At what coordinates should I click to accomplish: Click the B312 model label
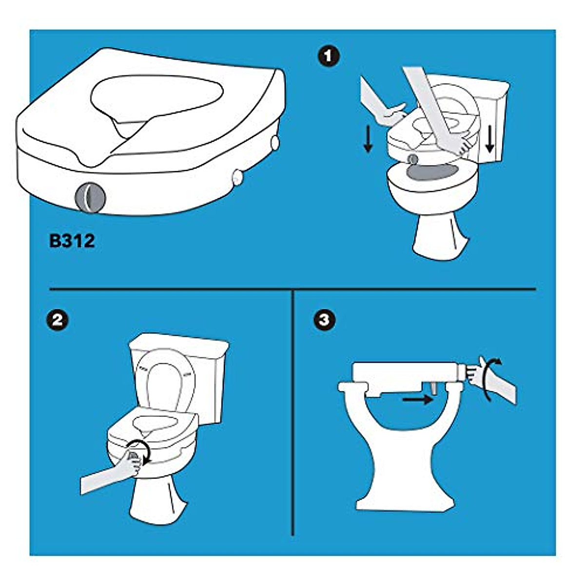tap(72, 241)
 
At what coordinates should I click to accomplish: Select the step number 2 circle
tap(57, 320)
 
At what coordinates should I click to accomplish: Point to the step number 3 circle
tap(326, 320)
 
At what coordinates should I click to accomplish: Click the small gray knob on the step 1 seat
tap(413, 158)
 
